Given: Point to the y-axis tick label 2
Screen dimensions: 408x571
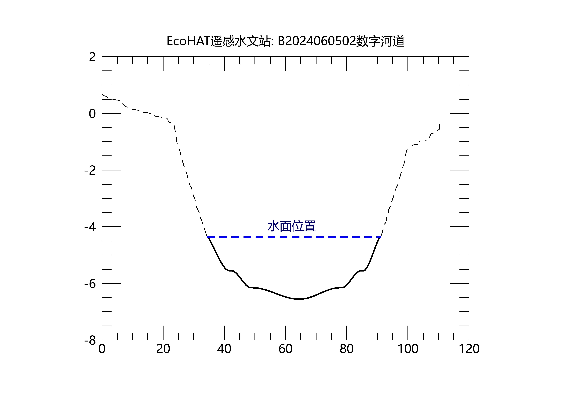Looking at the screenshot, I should click(x=92, y=57).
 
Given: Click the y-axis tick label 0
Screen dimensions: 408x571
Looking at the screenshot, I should click(x=92, y=114).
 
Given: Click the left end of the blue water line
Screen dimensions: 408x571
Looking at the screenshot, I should click(x=208, y=237).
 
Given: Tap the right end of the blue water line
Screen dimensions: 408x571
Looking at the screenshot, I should click(x=380, y=237).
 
